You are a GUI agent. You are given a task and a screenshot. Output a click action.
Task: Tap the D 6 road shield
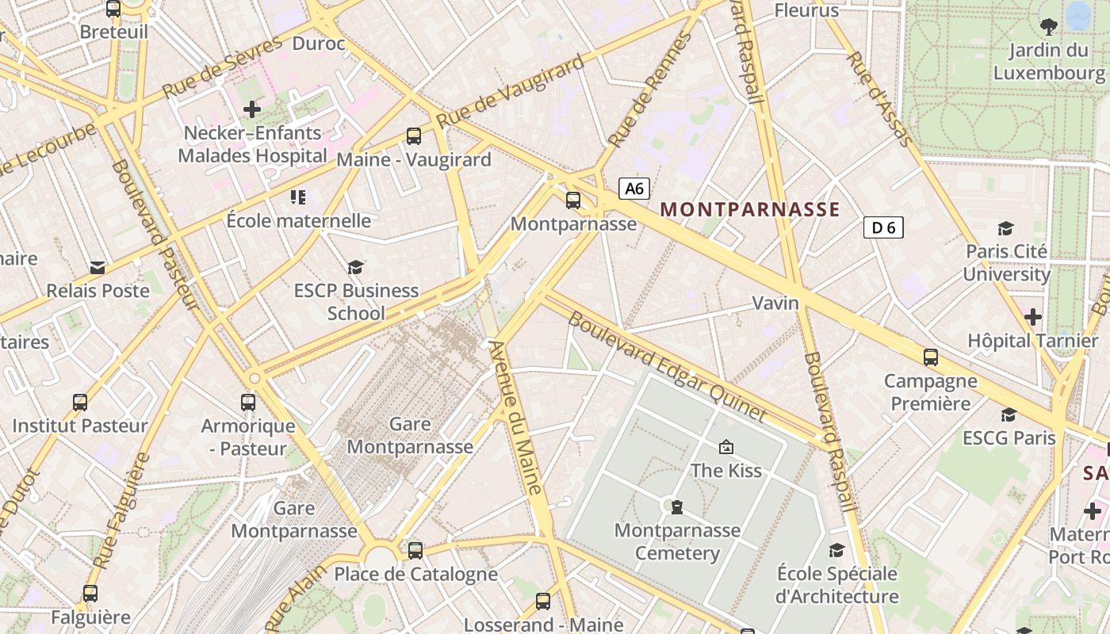[x=883, y=228]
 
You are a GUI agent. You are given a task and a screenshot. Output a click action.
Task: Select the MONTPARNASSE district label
[x=749, y=209]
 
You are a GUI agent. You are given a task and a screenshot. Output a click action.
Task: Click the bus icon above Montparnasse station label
[x=573, y=201]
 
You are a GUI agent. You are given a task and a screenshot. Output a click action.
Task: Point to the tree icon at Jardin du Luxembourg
[x=1049, y=27]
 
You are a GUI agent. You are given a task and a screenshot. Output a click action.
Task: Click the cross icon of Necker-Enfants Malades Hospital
[x=252, y=109]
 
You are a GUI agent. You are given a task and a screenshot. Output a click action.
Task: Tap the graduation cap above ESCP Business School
[x=355, y=268]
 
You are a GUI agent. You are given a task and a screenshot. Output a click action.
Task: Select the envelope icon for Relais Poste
[x=98, y=268]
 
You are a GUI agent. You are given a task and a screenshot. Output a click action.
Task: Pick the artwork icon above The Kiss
[x=725, y=448]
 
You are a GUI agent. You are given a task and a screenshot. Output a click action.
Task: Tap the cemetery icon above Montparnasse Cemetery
[x=676, y=506]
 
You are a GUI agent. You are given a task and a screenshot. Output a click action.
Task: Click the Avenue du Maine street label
[x=516, y=417]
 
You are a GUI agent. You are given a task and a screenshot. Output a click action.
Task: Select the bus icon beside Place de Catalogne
[x=415, y=550]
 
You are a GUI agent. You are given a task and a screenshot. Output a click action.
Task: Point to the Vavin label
[x=775, y=303]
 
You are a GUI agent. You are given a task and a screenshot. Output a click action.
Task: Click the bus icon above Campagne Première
[x=931, y=357]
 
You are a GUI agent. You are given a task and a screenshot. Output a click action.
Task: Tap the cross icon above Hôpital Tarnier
[x=1032, y=318]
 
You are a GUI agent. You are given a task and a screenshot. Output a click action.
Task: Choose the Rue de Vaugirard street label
[x=511, y=90]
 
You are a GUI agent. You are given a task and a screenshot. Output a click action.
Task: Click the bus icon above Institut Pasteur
[x=80, y=402]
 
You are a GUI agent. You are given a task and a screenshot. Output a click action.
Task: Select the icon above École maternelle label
[x=298, y=197]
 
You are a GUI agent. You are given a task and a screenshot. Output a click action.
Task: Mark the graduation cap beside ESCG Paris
[x=1009, y=415]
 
